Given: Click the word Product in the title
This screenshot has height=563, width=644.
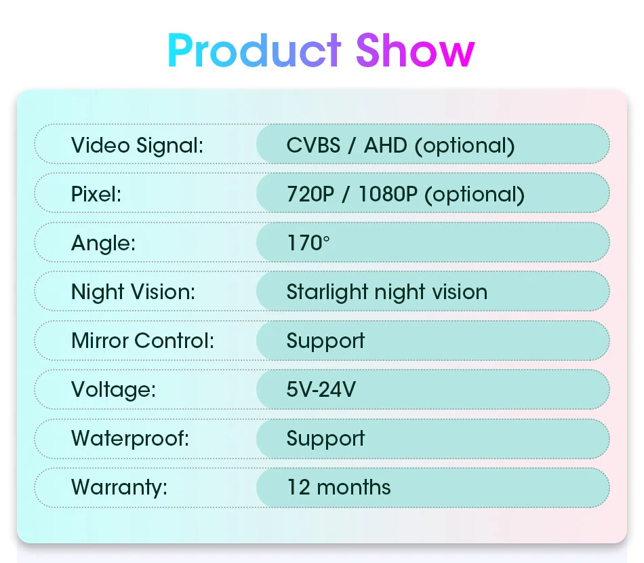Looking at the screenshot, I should (254, 50).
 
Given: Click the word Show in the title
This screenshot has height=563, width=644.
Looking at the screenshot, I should (415, 50).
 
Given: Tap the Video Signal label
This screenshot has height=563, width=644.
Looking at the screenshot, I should (137, 145).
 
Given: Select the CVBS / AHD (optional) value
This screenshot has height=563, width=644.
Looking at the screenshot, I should (401, 145).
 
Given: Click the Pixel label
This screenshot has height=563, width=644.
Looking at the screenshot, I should (96, 195).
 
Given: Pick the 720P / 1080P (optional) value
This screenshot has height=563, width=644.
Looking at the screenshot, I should (405, 195).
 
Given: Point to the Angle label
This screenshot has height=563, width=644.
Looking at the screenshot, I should (103, 243).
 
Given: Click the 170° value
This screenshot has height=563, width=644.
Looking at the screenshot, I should (308, 243).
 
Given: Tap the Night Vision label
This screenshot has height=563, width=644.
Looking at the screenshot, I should (133, 292).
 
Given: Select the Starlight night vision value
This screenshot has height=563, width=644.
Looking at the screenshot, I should (386, 292).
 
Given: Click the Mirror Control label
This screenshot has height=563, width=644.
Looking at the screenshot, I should (142, 341).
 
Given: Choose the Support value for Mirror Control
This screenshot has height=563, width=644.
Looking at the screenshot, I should (325, 341).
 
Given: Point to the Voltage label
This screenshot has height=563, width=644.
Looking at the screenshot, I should (113, 389).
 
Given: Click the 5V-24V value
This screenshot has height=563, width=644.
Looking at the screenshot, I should (321, 389).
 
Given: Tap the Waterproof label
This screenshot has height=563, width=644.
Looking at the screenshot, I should (130, 438).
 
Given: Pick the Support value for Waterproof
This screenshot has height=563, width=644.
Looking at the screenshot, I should (325, 438).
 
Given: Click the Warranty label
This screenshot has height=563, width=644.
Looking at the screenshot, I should (119, 487).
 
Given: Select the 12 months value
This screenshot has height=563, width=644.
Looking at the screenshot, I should (338, 487).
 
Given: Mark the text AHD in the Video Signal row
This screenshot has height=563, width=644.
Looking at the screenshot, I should (386, 145).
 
